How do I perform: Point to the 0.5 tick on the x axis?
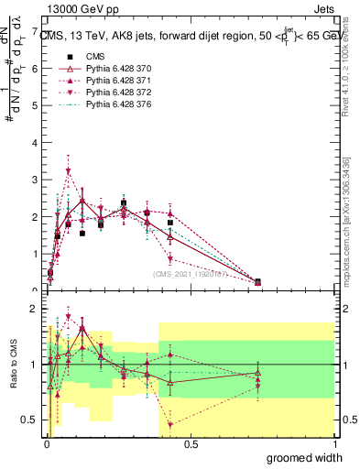[191, 444]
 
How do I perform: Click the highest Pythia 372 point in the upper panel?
[69, 171]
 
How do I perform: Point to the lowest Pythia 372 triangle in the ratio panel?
[170, 424]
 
